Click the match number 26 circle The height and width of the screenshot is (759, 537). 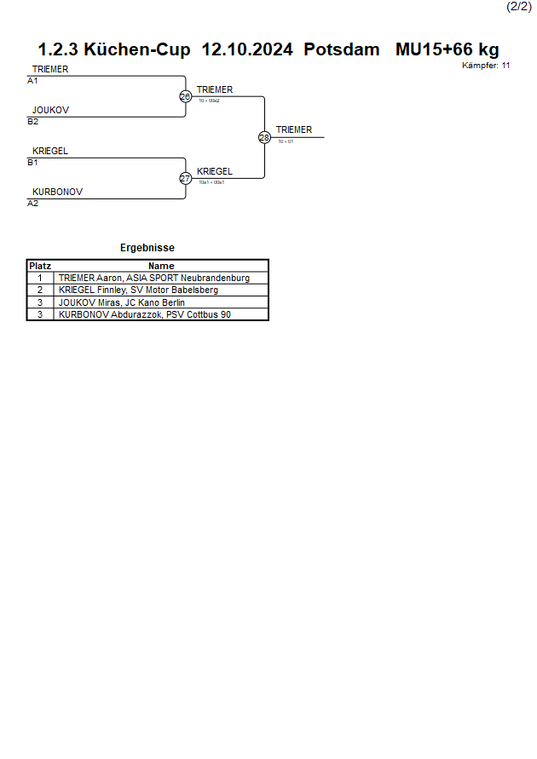coord(185,97)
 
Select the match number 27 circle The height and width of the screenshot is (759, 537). coord(185,179)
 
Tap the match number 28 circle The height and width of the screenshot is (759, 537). coord(264,138)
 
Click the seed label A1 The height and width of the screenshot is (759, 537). coord(32,81)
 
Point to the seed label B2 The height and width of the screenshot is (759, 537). coord(32,122)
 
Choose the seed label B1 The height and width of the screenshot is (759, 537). coord(32,163)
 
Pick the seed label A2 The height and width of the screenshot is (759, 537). coord(32,204)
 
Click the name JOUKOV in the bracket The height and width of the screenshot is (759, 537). coord(50,111)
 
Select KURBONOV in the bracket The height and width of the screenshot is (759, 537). coord(57,193)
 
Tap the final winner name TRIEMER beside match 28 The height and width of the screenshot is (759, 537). coord(294,130)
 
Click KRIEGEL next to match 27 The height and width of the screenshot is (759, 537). coord(215,171)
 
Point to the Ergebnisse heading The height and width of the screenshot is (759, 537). coord(147,248)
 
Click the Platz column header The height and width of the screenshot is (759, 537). coord(40,266)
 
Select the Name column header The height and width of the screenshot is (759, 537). coord(161,266)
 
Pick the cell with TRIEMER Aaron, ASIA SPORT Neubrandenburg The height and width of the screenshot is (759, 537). coord(154,278)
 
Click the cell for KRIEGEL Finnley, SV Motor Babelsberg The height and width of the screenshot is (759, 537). coord(138,290)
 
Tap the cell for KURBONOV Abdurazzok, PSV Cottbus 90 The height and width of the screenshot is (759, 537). coord(145,314)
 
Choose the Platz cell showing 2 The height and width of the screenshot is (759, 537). coord(40,290)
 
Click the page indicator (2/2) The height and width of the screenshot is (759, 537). coord(519,6)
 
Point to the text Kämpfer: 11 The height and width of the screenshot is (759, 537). coord(486,66)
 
